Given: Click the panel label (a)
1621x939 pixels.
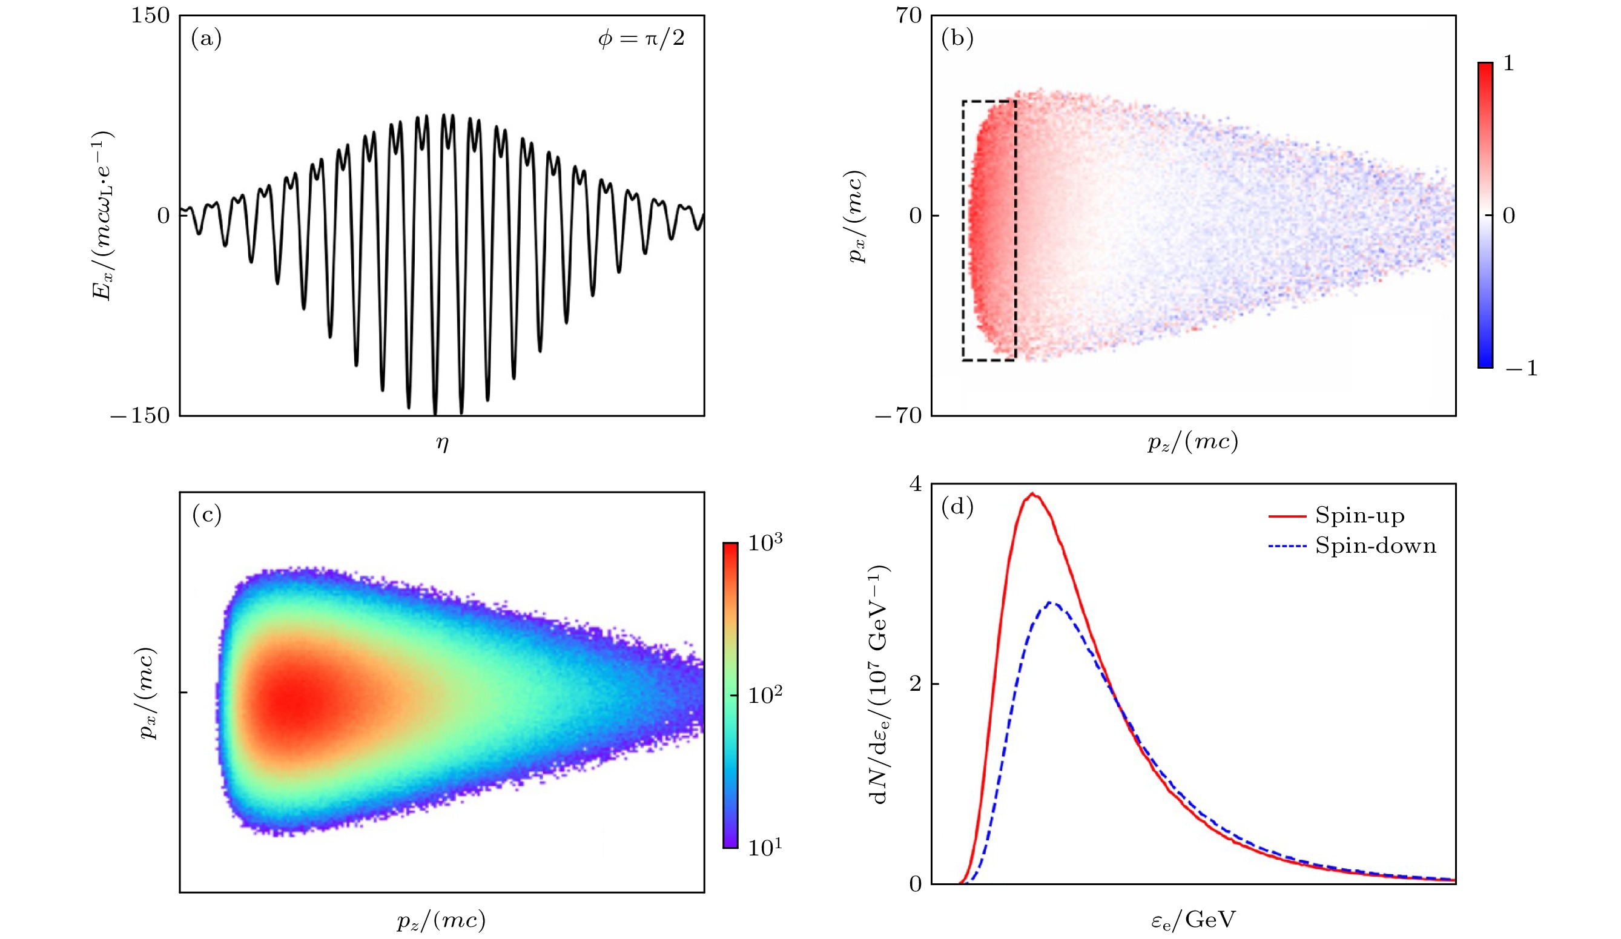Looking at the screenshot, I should [x=206, y=39].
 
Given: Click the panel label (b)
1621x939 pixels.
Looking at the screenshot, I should [x=957, y=39].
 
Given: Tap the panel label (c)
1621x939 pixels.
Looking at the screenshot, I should [x=206, y=515].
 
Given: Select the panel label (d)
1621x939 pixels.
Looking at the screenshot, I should [x=957, y=507].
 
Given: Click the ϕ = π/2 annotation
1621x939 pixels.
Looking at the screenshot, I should [x=641, y=39].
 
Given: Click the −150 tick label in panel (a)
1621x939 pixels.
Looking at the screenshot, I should [x=140, y=415].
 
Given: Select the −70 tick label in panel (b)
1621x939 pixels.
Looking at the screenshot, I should [x=899, y=415].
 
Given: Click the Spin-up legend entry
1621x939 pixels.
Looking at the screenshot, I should [x=1359, y=515].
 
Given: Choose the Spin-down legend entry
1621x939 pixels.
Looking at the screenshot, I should [x=1375, y=545].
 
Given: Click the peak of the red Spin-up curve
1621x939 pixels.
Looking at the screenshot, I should [x=1032, y=494].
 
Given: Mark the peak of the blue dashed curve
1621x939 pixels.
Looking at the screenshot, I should [x=1051, y=602].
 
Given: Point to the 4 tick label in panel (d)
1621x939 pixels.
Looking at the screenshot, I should [x=915, y=484].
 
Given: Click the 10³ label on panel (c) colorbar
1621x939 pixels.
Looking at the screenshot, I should [x=765, y=542].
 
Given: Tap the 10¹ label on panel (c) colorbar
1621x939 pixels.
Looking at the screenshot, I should [x=765, y=847].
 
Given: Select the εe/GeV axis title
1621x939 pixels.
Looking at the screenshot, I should [x=1193, y=920].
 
